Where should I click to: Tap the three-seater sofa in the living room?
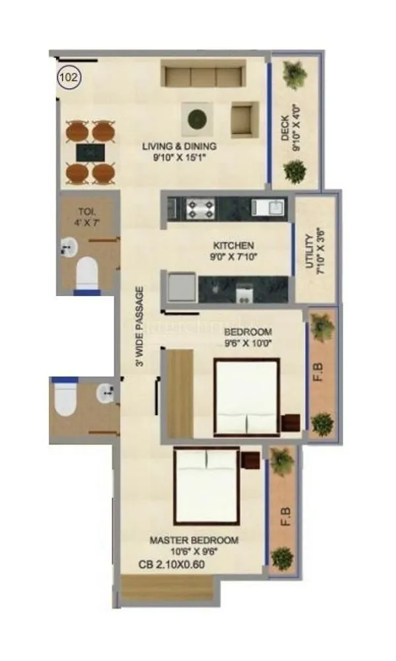click(203, 77)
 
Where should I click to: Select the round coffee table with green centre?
click(195, 120)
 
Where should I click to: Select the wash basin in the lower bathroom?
click(106, 395)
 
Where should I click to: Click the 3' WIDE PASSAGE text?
click(139, 326)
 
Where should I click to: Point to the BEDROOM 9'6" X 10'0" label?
click(247, 336)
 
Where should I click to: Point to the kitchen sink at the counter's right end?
click(273, 208)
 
